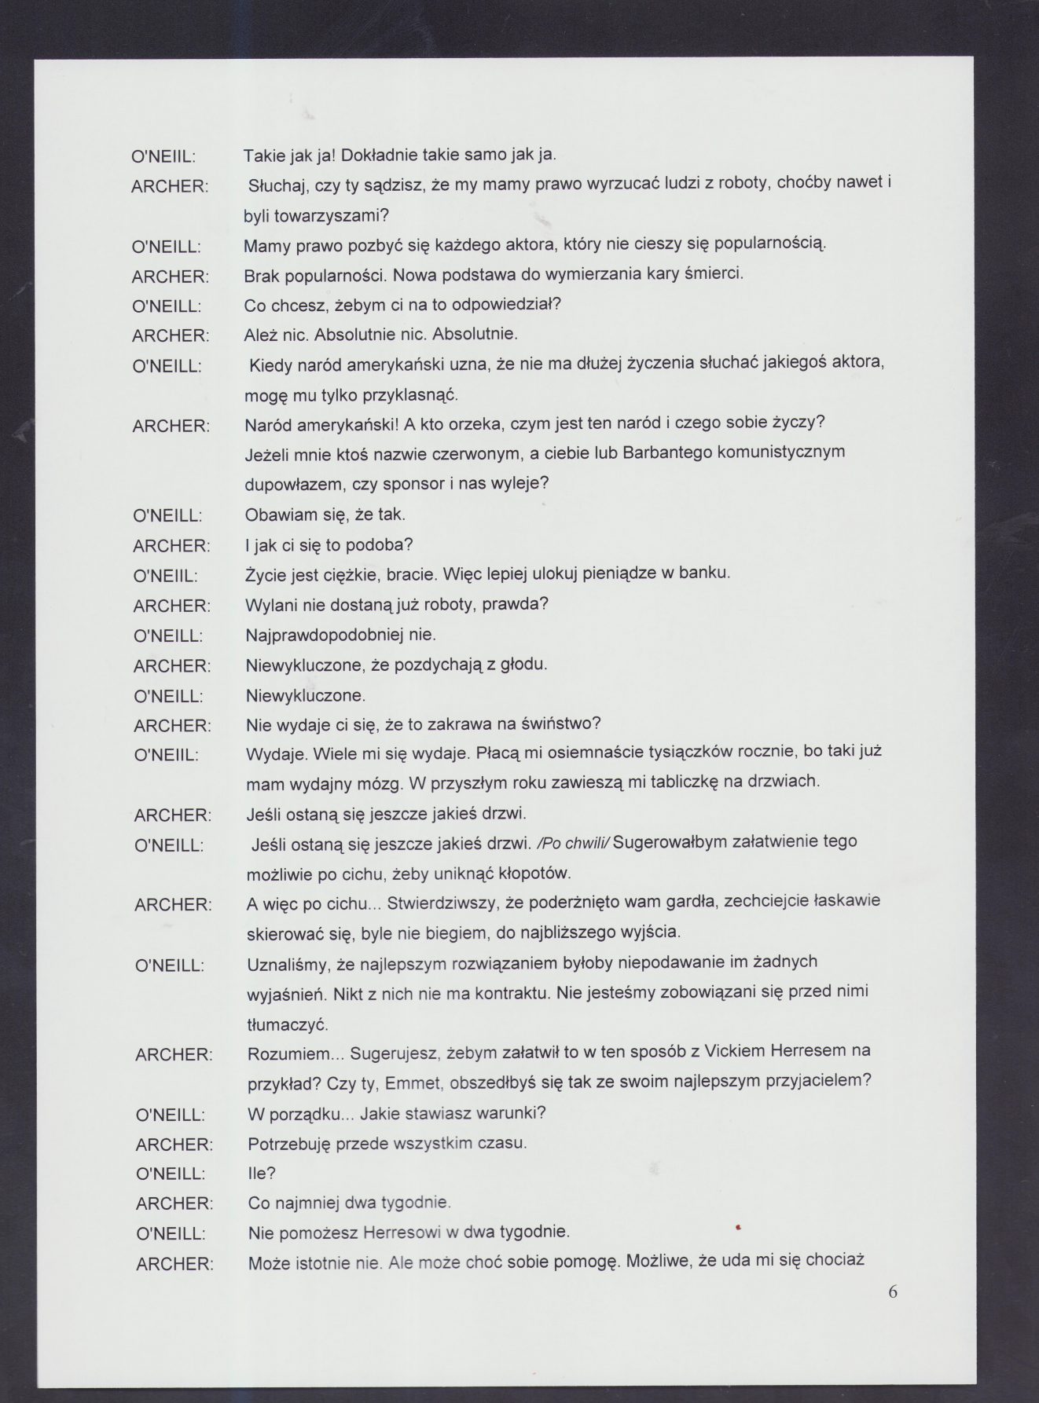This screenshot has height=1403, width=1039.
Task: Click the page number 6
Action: click(892, 1291)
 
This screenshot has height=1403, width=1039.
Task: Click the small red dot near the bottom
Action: click(738, 1225)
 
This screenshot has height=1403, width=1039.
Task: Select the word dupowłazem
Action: click(292, 483)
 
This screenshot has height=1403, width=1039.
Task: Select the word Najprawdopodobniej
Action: click(331, 634)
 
